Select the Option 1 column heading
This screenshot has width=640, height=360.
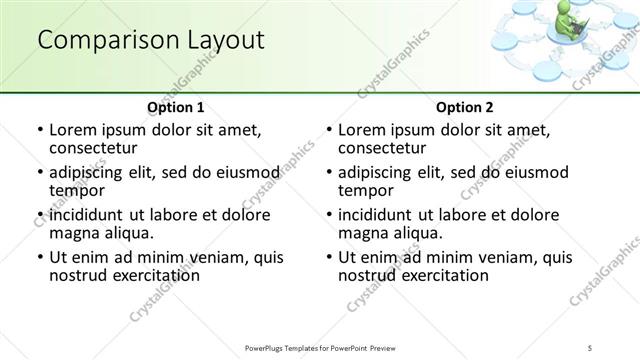coord(175,107)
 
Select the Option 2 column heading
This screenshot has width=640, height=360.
coord(464,107)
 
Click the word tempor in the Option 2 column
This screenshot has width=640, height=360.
coord(364,190)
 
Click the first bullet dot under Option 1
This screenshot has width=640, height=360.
coord(40,131)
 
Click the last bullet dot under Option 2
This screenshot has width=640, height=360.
coord(329,258)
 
